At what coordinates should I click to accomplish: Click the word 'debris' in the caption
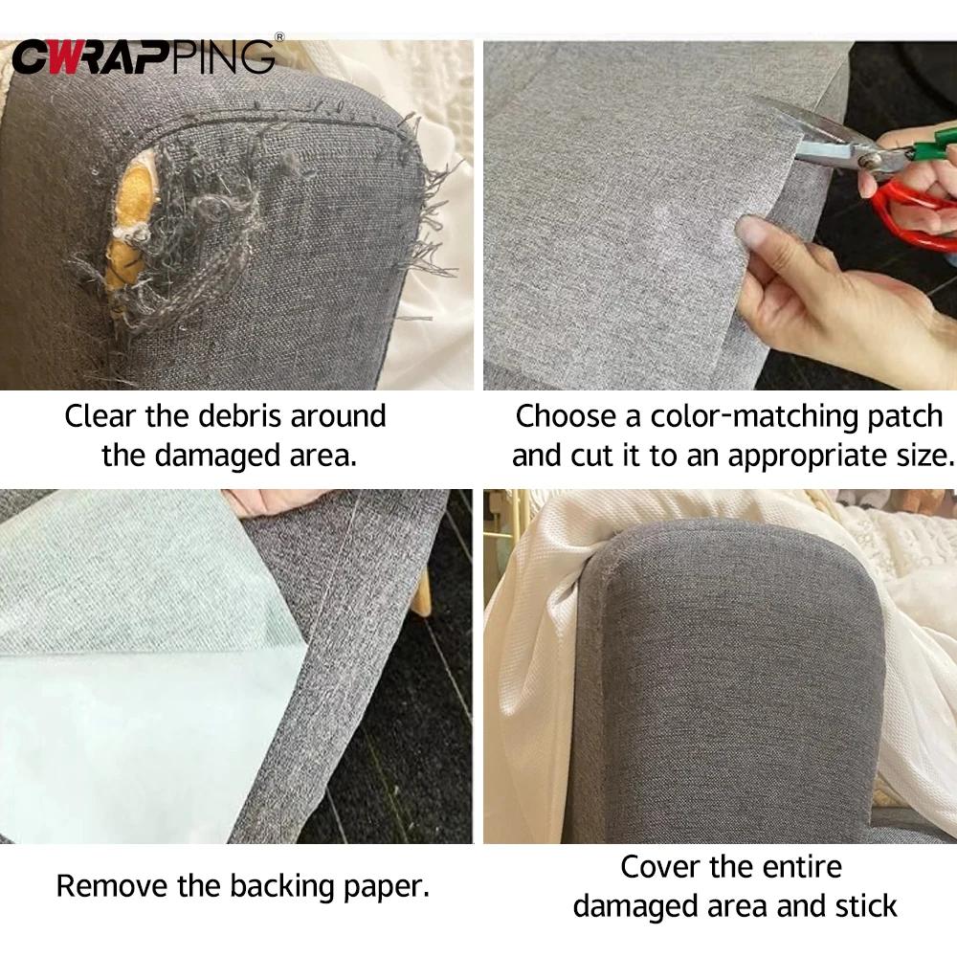click(x=239, y=417)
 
